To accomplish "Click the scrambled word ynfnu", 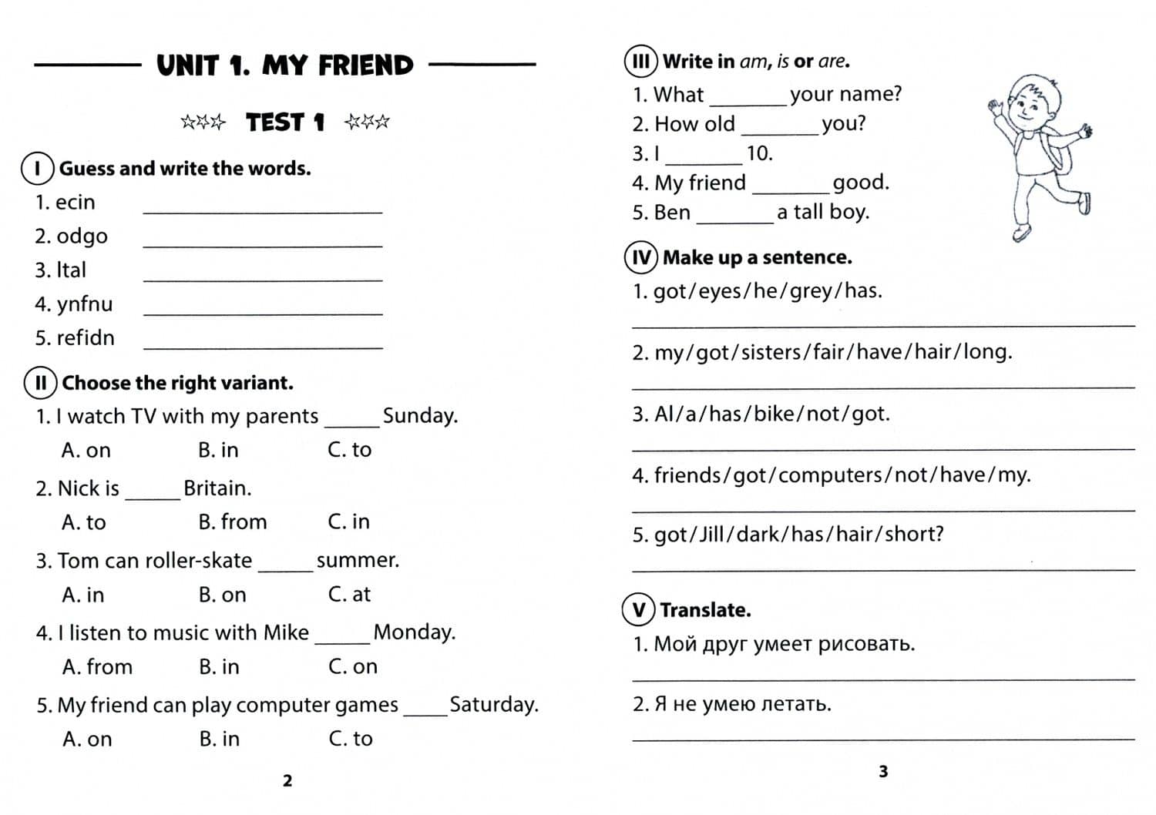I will click(x=84, y=304).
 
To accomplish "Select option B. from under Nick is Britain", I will click(x=232, y=522).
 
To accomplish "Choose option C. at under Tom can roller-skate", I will click(x=349, y=595).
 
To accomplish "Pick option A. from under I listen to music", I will click(x=97, y=667).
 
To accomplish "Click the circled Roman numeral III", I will click(x=641, y=62).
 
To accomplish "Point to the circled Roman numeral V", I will click(x=639, y=610).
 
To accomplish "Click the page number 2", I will click(x=287, y=781).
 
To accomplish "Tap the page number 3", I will click(x=883, y=771).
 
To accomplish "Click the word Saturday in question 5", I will click(x=493, y=705).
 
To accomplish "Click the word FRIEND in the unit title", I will click(x=366, y=66).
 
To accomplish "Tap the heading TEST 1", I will click(x=285, y=122).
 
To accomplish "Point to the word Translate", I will click(x=705, y=610).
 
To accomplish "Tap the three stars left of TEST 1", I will click(x=203, y=122).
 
